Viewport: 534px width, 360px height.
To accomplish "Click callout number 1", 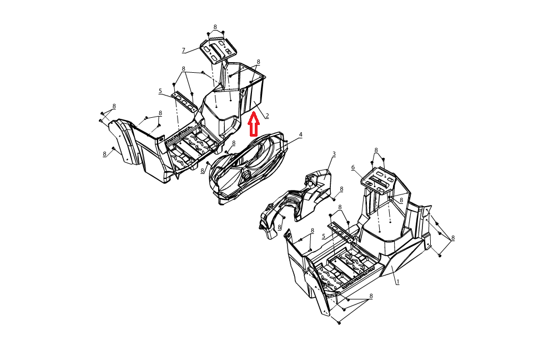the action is tap(398, 282).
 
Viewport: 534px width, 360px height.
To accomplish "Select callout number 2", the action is tap(267, 116).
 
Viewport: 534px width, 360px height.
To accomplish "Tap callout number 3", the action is tap(334, 154).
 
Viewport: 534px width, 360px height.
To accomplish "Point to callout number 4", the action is tap(300, 134).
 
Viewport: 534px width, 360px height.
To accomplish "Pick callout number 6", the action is tap(353, 167).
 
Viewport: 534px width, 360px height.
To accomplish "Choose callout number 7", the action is tap(184, 51).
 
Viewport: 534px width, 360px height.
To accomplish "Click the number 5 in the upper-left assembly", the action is tap(160, 91).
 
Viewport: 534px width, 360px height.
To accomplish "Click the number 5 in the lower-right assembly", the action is tap(324, 236).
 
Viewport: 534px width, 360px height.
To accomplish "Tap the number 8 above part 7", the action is tap(215, 27).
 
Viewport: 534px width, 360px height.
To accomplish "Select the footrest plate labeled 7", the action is tap(218, 51).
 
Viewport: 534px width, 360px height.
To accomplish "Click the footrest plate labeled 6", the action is tap(379, 178).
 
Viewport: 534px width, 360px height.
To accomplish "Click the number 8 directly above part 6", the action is tap(376, 150).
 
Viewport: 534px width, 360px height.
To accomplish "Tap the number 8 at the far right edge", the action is tap(453, 238).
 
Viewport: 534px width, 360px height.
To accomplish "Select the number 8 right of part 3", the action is tap(341, 189).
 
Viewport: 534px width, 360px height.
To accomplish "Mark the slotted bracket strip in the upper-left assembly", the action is tap(184, 102).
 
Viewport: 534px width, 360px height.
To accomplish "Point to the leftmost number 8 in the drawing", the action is tap(104, 154).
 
